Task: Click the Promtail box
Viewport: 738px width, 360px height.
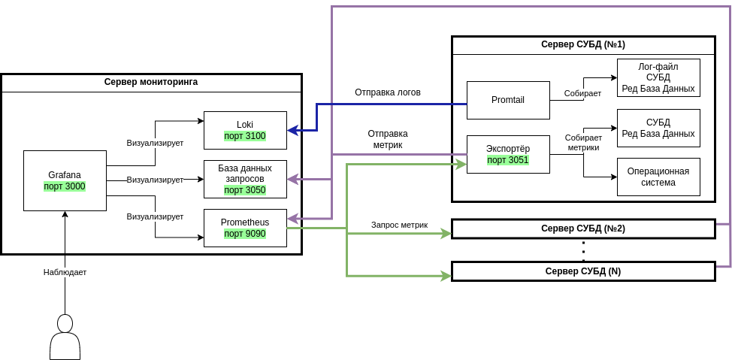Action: (508, 100)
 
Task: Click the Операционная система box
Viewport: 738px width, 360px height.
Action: (658, 177)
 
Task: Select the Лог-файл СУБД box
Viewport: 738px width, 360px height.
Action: (658, 77)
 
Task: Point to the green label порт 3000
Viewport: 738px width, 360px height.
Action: (65, 186)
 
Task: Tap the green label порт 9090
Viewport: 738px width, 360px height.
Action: (245, 234)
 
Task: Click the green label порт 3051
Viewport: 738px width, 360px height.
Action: (508, 160)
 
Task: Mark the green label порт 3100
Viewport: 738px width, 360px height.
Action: (245, 136)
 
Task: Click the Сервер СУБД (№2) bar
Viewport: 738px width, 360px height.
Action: (583, 228)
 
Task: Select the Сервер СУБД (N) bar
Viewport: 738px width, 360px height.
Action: (583, 271)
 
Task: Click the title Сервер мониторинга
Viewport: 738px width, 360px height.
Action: (151, 82)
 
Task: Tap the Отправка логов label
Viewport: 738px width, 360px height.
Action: (388, 92)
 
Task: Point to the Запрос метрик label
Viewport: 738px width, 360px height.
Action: (399, 225)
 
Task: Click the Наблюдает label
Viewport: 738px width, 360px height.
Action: (65, 272)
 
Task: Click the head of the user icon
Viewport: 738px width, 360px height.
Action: (65, 323)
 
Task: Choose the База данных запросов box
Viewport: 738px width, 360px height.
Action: (245, 179)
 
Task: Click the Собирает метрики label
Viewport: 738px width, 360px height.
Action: (583, 143)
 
